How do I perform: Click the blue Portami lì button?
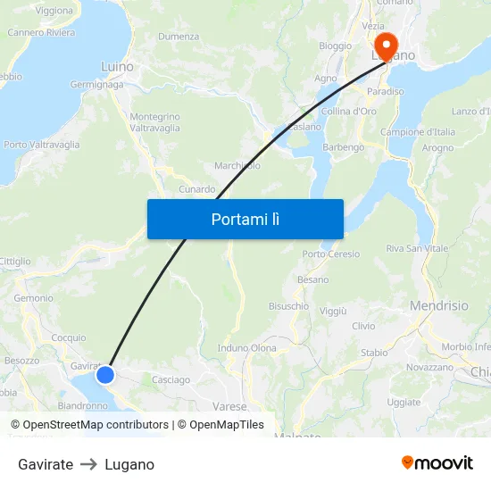(x=245, y=219)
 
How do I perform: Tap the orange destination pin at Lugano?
(x=385, y=45)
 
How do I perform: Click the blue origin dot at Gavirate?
(x=105, y=375)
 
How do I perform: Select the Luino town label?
(x=117, y=67)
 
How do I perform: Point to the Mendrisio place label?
(x=438, y=305)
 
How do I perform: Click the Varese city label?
(x=230, y=406)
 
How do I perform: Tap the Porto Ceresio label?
(x=331, y=254)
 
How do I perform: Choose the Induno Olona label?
(x=246, y=348)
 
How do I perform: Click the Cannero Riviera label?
(x=41, y=33)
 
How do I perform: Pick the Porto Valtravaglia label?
(x=41, y=145)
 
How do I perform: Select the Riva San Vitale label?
(x=417, y=248)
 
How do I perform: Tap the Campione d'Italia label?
(x=418, y=132)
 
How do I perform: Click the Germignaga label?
(x=96, y=85)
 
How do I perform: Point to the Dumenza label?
(x=179, y=37)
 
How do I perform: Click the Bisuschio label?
(x=288, y=305)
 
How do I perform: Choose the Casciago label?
(x=171, y=379)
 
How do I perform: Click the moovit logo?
(x=437, y=463)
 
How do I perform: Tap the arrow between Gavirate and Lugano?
(x=88, y=464)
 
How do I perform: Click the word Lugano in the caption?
(x=129, y=464)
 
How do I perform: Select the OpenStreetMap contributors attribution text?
(x=96, y=425)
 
